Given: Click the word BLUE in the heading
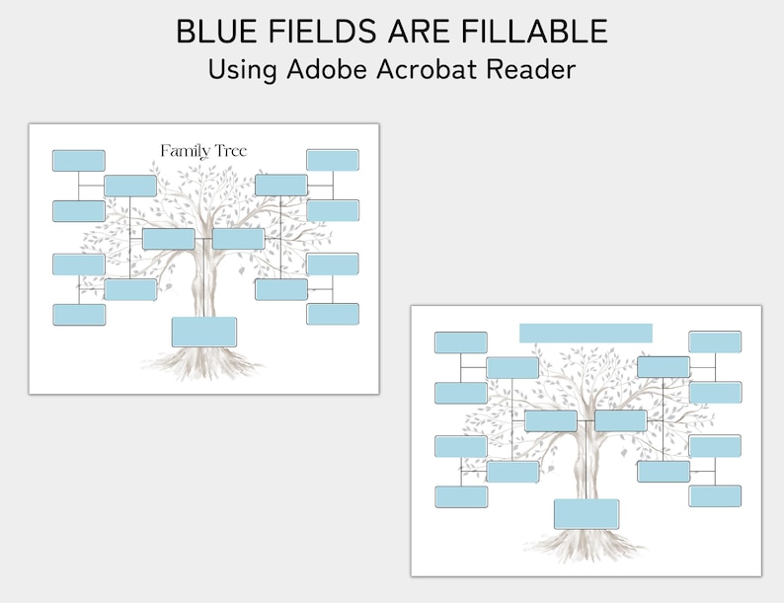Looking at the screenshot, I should tap(212, 32).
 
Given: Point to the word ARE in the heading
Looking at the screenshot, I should tap(413, 32).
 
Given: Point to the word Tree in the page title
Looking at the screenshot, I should tap(228, 150).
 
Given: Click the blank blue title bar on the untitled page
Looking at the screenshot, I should tap(586, 333).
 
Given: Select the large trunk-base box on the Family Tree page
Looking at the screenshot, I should tap(204, 332).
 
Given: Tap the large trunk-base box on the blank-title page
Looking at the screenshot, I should tap(587, 513).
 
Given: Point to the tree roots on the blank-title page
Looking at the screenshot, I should tap(585, 547).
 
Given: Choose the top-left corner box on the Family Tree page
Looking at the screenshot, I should tap(79, 160).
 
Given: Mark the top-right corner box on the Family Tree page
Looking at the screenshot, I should tap(332, 160).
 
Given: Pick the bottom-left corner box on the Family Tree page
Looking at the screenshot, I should tap(79, 314).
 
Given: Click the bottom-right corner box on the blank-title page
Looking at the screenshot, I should tap(715, 495).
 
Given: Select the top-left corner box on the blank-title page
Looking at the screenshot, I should tap(461, 342).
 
